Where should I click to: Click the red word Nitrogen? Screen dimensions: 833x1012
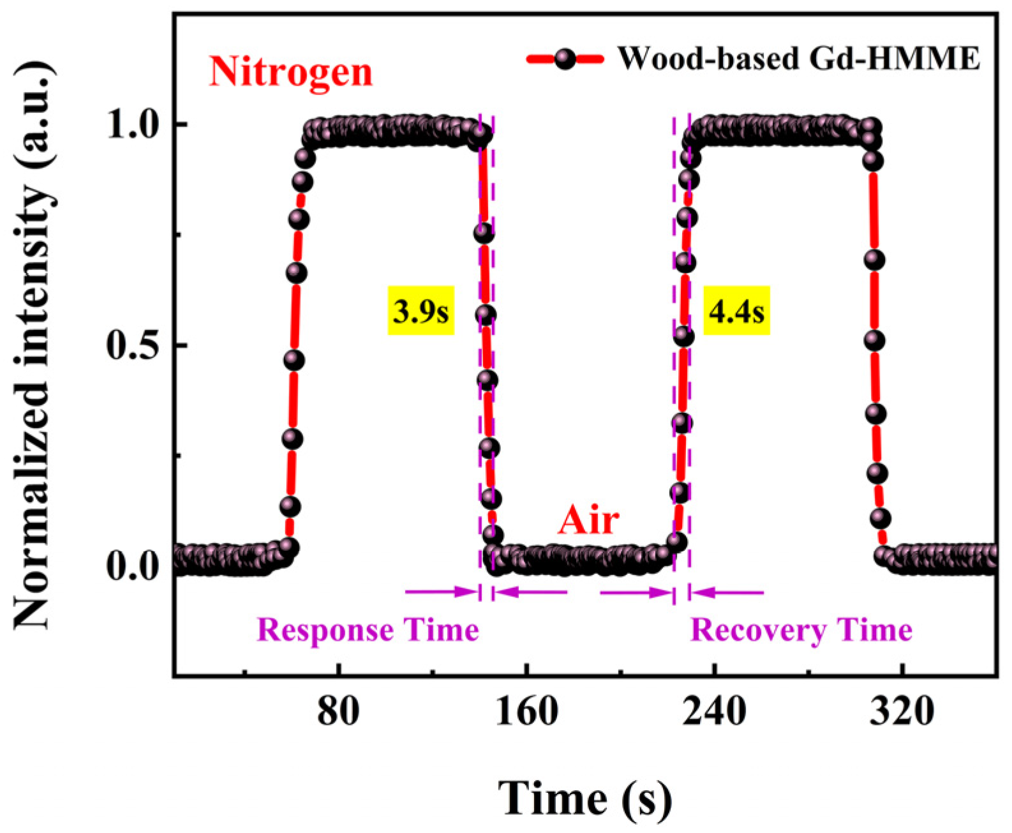click(291, 71)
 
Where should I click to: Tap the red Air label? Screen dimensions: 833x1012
click(588, 520)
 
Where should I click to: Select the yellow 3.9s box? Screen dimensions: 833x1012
click(421, 312)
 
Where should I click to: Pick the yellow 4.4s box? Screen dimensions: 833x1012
click(737, 312)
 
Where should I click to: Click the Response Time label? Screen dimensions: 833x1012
click(368, 631)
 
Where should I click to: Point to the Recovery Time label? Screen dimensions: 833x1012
click(801, 631)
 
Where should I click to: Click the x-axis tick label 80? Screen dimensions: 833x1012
click(338, 711)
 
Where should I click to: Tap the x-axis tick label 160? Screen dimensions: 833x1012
click(526, 711)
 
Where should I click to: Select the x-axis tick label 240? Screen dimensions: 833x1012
click(714, 711)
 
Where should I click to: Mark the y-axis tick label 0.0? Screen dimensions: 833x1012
click(133, 567)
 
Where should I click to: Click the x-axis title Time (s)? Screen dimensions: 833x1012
click(585, 798)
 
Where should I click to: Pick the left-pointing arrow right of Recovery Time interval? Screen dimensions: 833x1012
click(727, 592)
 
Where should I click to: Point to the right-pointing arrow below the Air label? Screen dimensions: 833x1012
click(635, 592)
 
